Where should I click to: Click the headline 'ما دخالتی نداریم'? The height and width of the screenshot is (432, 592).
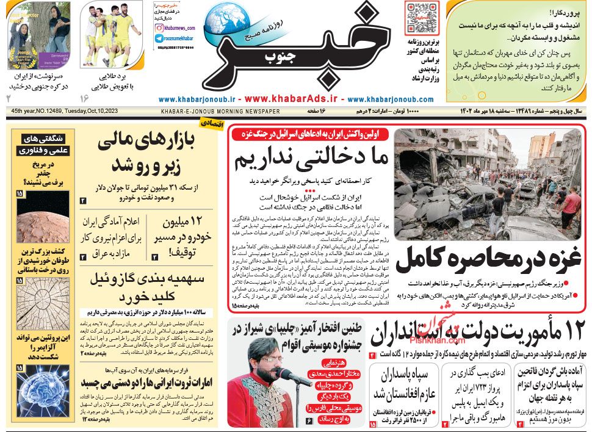(311, 159)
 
